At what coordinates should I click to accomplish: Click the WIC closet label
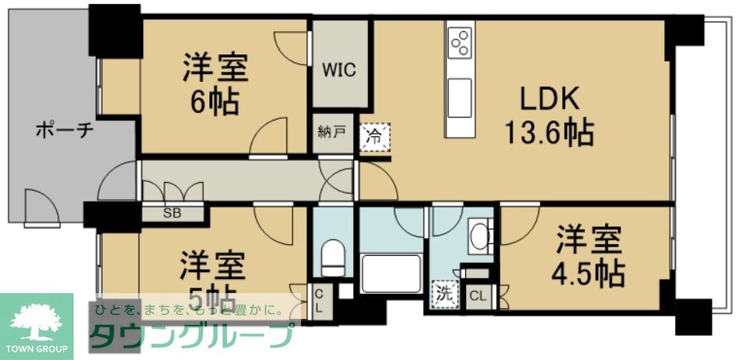pos(339,70)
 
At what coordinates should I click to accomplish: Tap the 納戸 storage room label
pos(331,132)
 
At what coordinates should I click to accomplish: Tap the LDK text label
pos(549,99)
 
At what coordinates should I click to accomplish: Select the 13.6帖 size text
pos(549,134)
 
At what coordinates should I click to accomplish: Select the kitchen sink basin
pos(459,86)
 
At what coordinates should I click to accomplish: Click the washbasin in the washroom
pos(480,236)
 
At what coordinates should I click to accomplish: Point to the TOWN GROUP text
pos(37,348)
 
